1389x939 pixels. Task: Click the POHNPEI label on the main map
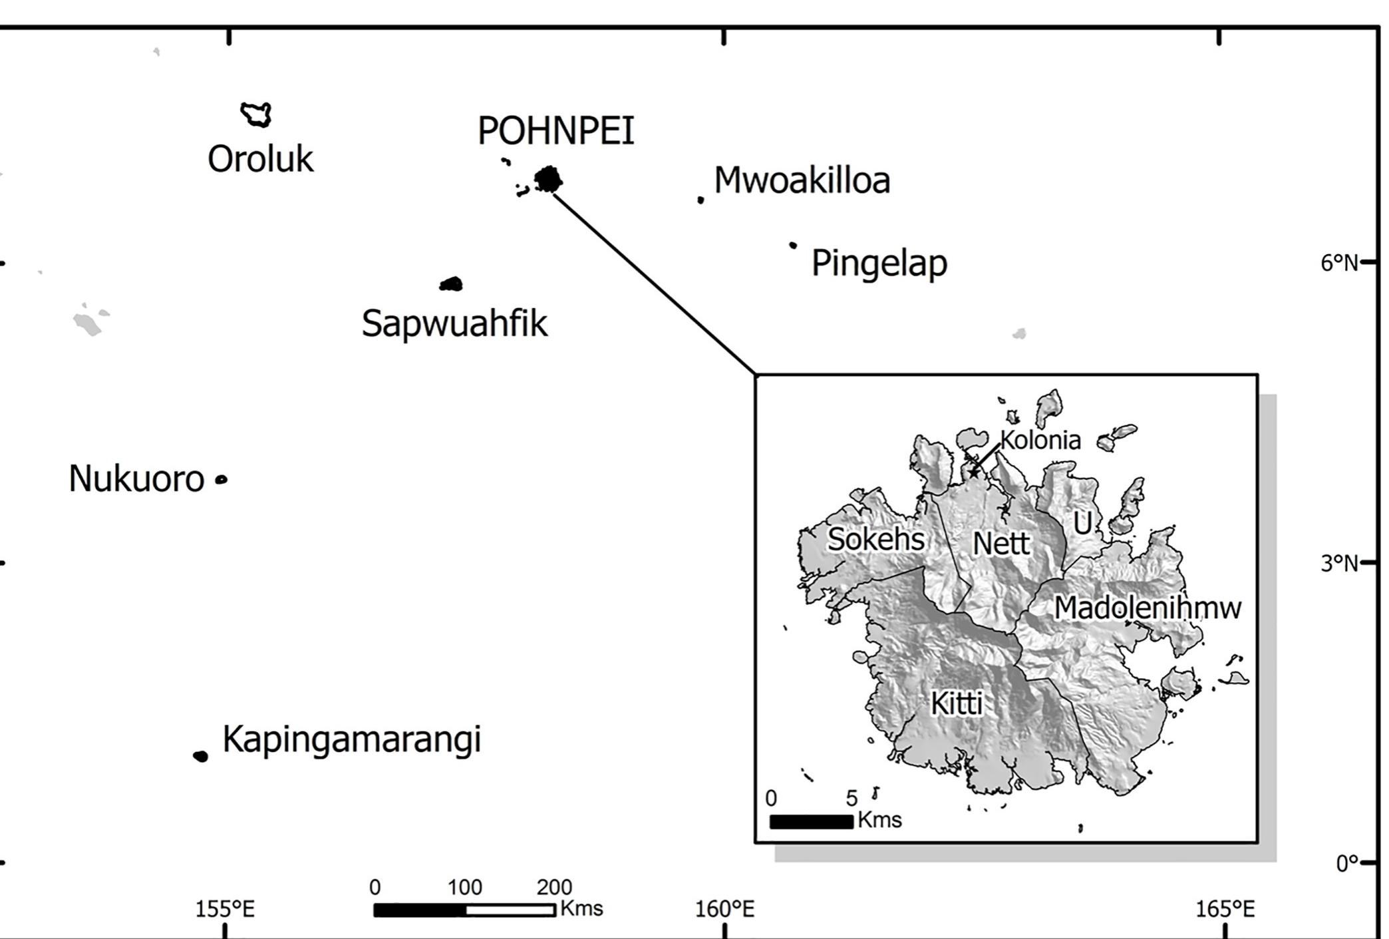click(x=555, y=130)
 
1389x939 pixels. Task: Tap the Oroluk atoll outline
click(x=256, y=114)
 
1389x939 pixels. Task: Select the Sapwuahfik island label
click(x=454, y=323)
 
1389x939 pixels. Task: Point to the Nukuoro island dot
click(x=222, y=479)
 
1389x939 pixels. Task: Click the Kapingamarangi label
click(x=351, y=739)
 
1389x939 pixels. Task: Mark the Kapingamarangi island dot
click(x=200, y=756)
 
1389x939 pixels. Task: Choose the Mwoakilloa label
click(x=802, y=180)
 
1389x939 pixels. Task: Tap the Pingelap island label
click(x=879, y=263)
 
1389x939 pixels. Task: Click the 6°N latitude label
click(x=1338, y=264)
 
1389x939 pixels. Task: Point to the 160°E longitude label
click(x=724, y=909)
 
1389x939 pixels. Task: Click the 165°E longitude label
click(x=1225, y=909)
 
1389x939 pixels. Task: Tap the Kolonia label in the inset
click(x=1040, y=440)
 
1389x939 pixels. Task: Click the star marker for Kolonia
click(x=974, y=472)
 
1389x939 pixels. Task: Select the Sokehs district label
click(x=875, y=539)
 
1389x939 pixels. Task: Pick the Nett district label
click(x=1001, y=544)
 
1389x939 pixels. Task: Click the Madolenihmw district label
click(x=1148, y=608)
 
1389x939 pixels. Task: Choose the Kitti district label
click(x=957, y=703)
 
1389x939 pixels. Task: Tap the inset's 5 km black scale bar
click(x=811, y=822)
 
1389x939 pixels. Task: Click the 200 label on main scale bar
click(x=554, y=887)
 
